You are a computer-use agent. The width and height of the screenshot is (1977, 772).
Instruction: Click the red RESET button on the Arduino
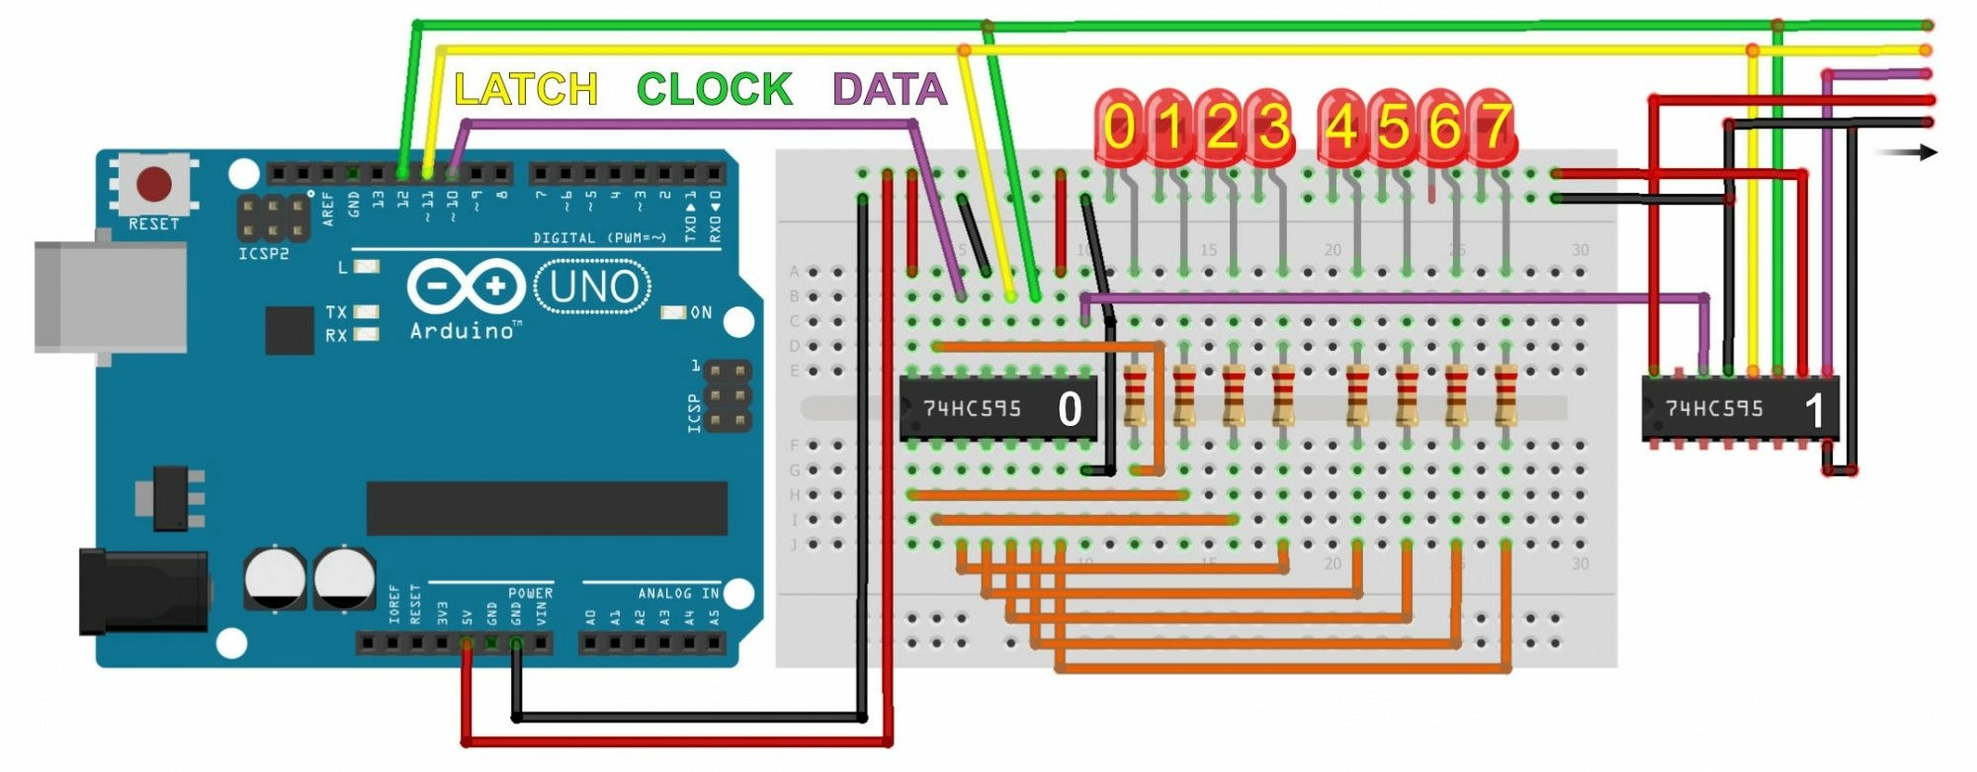(153, 185)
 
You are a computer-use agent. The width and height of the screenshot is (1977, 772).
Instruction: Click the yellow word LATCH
(526, 90)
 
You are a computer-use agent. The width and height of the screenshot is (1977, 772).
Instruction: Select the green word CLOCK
(715, 90)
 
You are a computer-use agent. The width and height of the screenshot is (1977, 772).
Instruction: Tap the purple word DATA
(890, 90)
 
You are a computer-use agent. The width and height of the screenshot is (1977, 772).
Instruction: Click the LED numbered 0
(1119, 127)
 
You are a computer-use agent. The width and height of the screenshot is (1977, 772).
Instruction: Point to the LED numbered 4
(1341, 127)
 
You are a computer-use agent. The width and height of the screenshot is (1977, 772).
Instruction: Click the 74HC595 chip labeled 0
(997, 407)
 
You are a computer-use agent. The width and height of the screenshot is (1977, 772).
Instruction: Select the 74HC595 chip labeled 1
(1740, 407)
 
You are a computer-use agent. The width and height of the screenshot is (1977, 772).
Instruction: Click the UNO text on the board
(593, 287)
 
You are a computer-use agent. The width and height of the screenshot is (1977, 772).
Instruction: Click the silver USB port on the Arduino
(109, 297)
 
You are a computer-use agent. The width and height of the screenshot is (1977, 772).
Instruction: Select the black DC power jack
(143, 591)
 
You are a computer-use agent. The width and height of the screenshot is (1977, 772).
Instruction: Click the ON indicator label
(701, 312)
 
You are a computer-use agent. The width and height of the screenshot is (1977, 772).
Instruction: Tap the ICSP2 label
(264, 254)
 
